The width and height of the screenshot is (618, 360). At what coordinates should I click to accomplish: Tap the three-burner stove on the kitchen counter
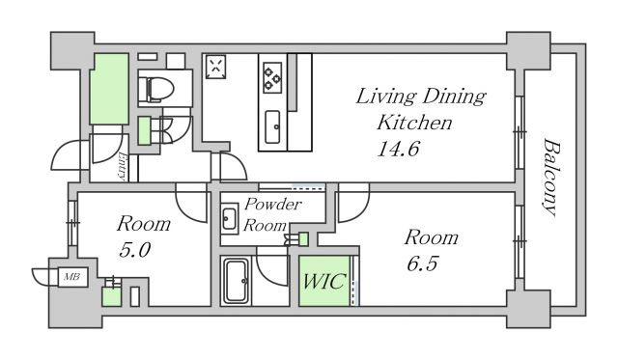click(x=272, y=77)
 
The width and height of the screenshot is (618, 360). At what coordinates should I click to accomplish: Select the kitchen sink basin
click(x=272, y=126)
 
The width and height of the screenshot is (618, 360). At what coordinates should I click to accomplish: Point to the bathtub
click(x=236, y=281)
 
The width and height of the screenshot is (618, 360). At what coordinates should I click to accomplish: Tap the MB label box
click(x=72, y=277)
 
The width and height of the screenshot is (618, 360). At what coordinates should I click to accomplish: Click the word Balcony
click(x=550, y=177)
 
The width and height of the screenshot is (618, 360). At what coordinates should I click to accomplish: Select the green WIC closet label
click(x=324, y=281)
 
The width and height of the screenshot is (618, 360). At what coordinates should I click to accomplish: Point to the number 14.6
click(x=398, y=149)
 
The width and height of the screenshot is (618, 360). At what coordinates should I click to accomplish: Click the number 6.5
click(x=422, y=263)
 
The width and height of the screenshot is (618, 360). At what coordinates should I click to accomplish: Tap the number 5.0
click(x=134, y=250)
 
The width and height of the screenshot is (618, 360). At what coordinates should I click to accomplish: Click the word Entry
click(x=123, y=166)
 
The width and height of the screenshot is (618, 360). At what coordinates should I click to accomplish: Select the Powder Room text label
click(x=272, y=214)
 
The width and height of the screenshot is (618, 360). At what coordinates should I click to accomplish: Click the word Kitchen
click(x=414, y=123)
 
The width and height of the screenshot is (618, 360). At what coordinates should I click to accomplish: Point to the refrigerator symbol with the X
click(x=215, y=67)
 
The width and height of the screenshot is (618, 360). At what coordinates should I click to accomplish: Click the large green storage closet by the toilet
click(x=109, y=90)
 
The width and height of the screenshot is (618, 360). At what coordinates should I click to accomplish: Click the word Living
click(x=380, y=97)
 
